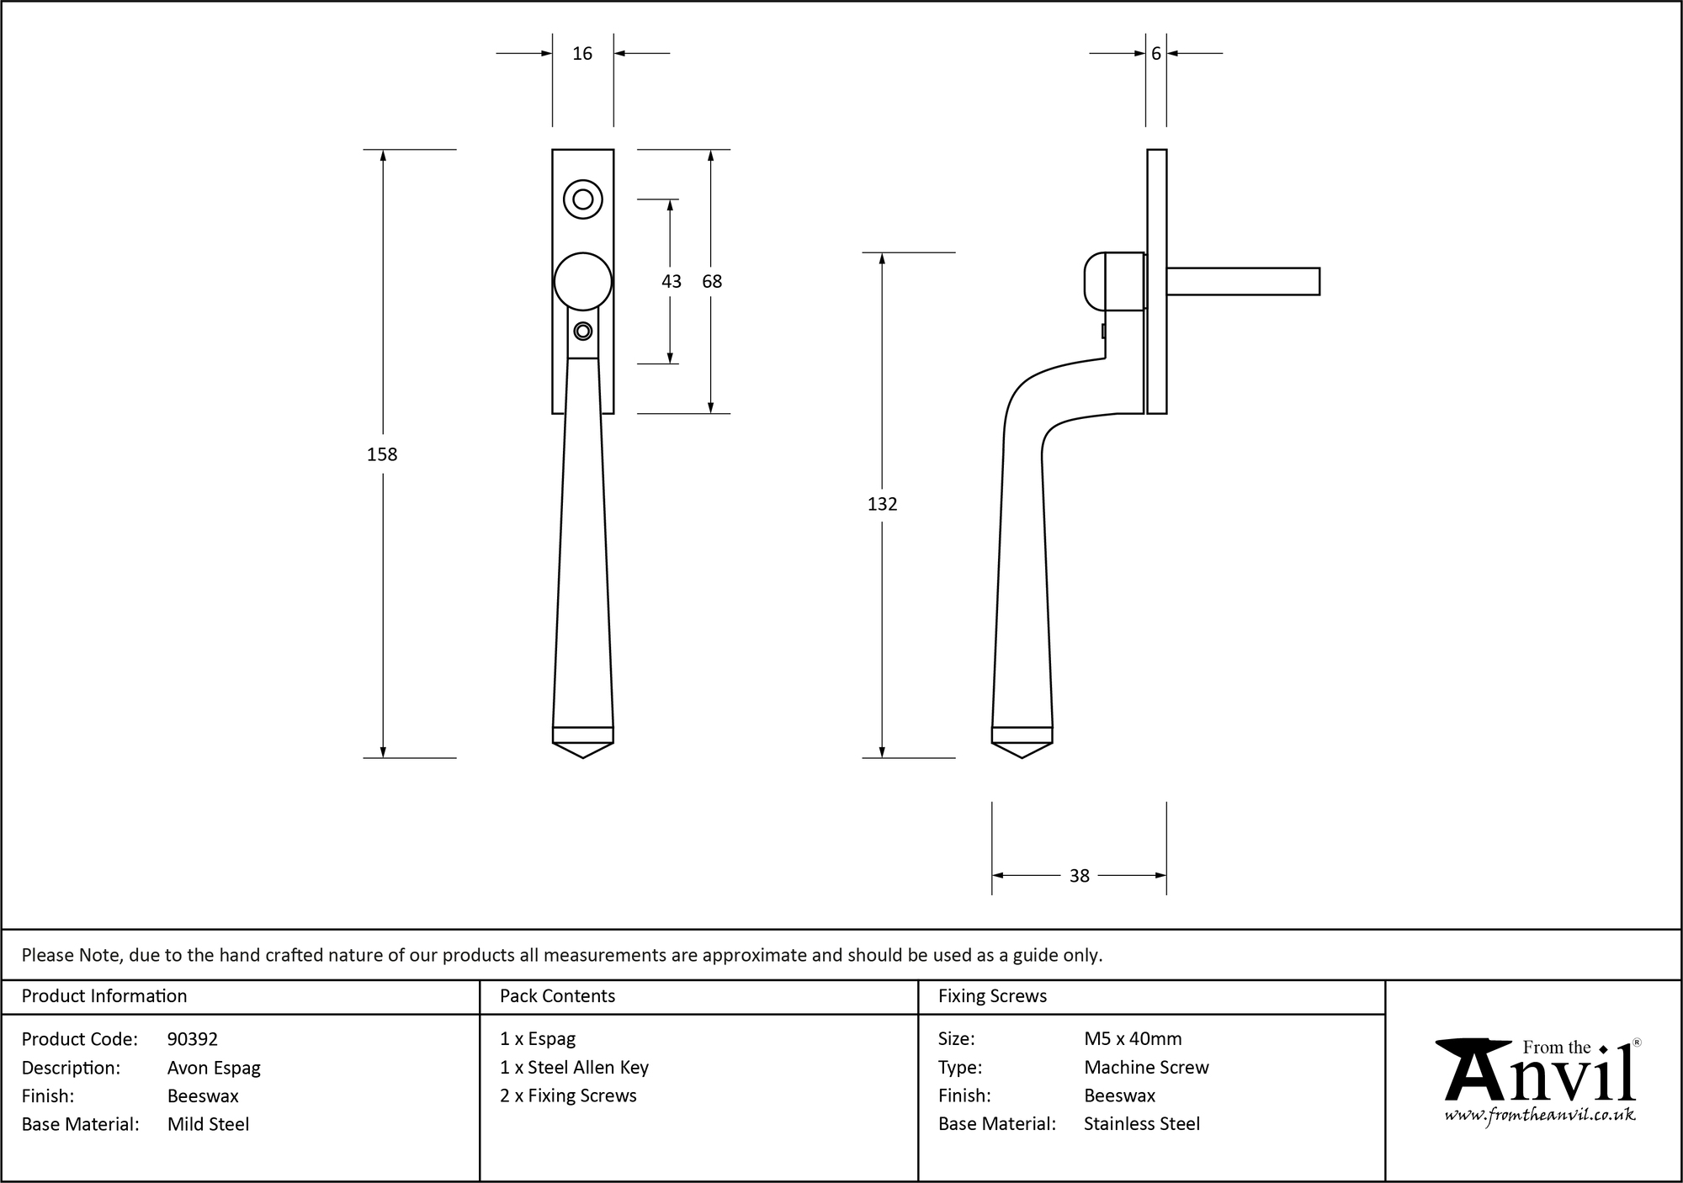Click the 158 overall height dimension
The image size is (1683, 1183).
[382, 454]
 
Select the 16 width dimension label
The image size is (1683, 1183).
[582, 54]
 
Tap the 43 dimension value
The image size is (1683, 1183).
[671, 282]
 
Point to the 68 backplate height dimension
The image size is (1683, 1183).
[712, 282]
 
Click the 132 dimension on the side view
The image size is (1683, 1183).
[882, 504]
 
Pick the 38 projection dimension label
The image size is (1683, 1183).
[1079, 876]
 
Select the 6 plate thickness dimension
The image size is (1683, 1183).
[1155, 54]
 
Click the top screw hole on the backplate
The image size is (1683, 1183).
[582, 199]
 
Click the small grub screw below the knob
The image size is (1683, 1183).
[582, 331]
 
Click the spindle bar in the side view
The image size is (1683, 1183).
[1242, 282]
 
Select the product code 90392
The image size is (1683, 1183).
[193, 1039]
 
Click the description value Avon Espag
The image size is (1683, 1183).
[214, 1068]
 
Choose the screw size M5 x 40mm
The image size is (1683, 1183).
[1133, 1039]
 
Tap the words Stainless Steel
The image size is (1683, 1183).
[1141, 1124]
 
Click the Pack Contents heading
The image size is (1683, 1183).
[557, 996]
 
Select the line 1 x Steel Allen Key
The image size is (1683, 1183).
[574, 1068]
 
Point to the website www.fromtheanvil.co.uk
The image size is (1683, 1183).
[1539, 1115]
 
